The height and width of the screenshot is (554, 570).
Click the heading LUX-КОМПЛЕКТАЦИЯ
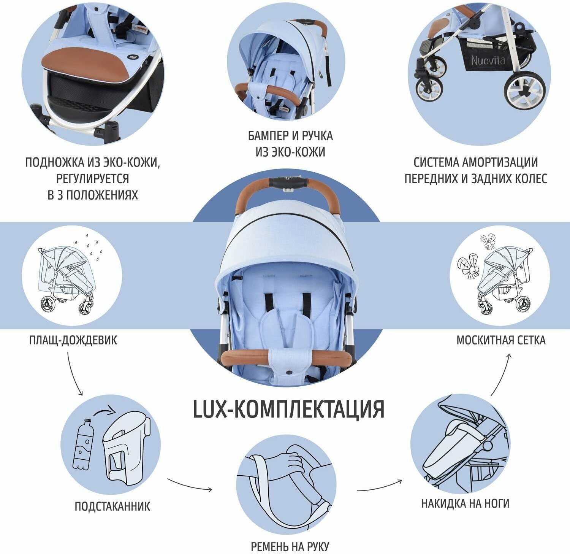tap(289, 409)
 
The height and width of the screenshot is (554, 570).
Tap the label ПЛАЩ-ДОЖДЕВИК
tap(73, 340)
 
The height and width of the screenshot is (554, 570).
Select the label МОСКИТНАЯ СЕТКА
tap(501, 340)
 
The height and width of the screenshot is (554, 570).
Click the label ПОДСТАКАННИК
tap(112, 506)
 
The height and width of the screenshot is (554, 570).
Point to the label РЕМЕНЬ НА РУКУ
tap(290, 547)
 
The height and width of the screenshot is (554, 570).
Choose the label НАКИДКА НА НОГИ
tap(465, 503)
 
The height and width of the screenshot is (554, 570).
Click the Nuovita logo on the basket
tap(488, 59)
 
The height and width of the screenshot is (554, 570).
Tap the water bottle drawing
tap(81, 444)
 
